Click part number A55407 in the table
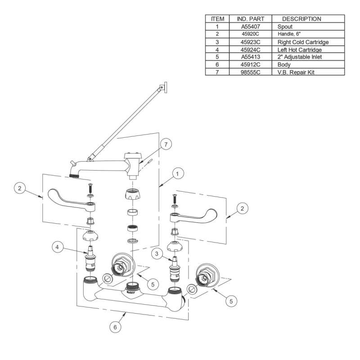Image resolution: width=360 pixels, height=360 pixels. (250, 27)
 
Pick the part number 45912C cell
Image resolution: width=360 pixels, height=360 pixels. (250, 64)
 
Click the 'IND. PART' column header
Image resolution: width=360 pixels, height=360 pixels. (250, 19)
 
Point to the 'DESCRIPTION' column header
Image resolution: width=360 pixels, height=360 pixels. (301, 19)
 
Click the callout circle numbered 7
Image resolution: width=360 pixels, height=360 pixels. (166, 145)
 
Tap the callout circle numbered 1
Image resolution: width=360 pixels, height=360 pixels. (179, 173)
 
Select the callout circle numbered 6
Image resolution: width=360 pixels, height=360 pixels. (115, 328)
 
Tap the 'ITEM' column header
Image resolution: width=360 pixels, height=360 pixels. (217, 19)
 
